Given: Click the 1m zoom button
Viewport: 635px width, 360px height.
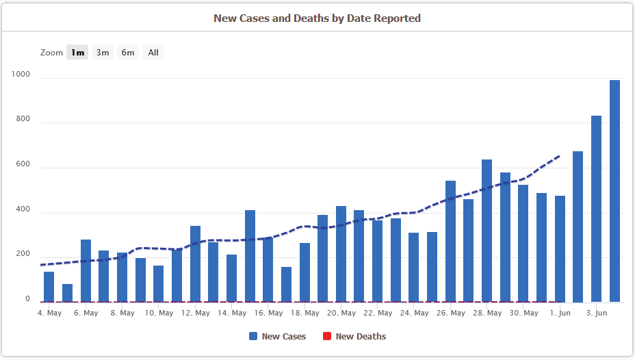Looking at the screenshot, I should [x=77, y=53].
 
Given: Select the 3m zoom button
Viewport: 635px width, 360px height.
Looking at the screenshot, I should [x=103, y=53].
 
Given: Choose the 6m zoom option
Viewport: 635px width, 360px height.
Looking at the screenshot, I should [x=128, y=53].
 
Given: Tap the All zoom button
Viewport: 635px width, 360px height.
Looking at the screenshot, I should [x=153, y=53].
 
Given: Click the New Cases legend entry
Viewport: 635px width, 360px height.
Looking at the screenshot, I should [x=278, y=336].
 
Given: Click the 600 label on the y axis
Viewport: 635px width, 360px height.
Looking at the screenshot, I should [x=24, y=164].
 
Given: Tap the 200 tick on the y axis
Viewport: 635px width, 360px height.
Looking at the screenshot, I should [x=24, y=254].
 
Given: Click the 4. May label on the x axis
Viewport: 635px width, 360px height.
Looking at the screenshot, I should [x=49, y=313].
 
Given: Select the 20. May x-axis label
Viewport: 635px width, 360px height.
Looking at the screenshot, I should [x=341, y=313].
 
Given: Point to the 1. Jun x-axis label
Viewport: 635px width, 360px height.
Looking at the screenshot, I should [x=560, y=313].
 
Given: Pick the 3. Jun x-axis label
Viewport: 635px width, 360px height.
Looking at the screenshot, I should [x=597, y=313].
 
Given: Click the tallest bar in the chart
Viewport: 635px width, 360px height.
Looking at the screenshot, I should [x=614, y=192].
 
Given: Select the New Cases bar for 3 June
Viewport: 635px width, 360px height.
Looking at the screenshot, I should [x=596, y=209].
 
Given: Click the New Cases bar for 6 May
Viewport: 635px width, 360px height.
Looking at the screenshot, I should [x=86, y=271].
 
